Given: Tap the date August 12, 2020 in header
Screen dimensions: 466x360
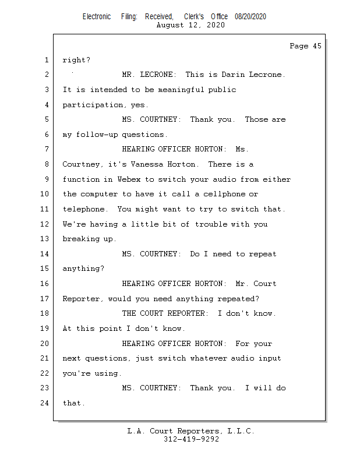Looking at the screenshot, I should point(190,25).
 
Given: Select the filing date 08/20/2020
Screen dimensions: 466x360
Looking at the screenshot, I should point(250,16).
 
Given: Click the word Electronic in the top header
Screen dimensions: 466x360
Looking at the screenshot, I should point(97,16).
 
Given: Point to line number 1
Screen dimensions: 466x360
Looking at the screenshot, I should point(46,60).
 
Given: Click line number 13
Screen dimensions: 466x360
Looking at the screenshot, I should point(45,239).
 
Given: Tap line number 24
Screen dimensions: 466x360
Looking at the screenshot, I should point(45,403).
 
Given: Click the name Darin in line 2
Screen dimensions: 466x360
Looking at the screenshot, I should point(235,75).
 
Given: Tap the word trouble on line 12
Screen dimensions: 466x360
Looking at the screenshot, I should point(211,224).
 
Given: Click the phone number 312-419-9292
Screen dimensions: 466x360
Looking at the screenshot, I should point(191,440).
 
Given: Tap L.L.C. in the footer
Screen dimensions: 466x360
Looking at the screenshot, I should point(240,431).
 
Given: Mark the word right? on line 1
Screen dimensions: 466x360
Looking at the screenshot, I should point(76,60).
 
